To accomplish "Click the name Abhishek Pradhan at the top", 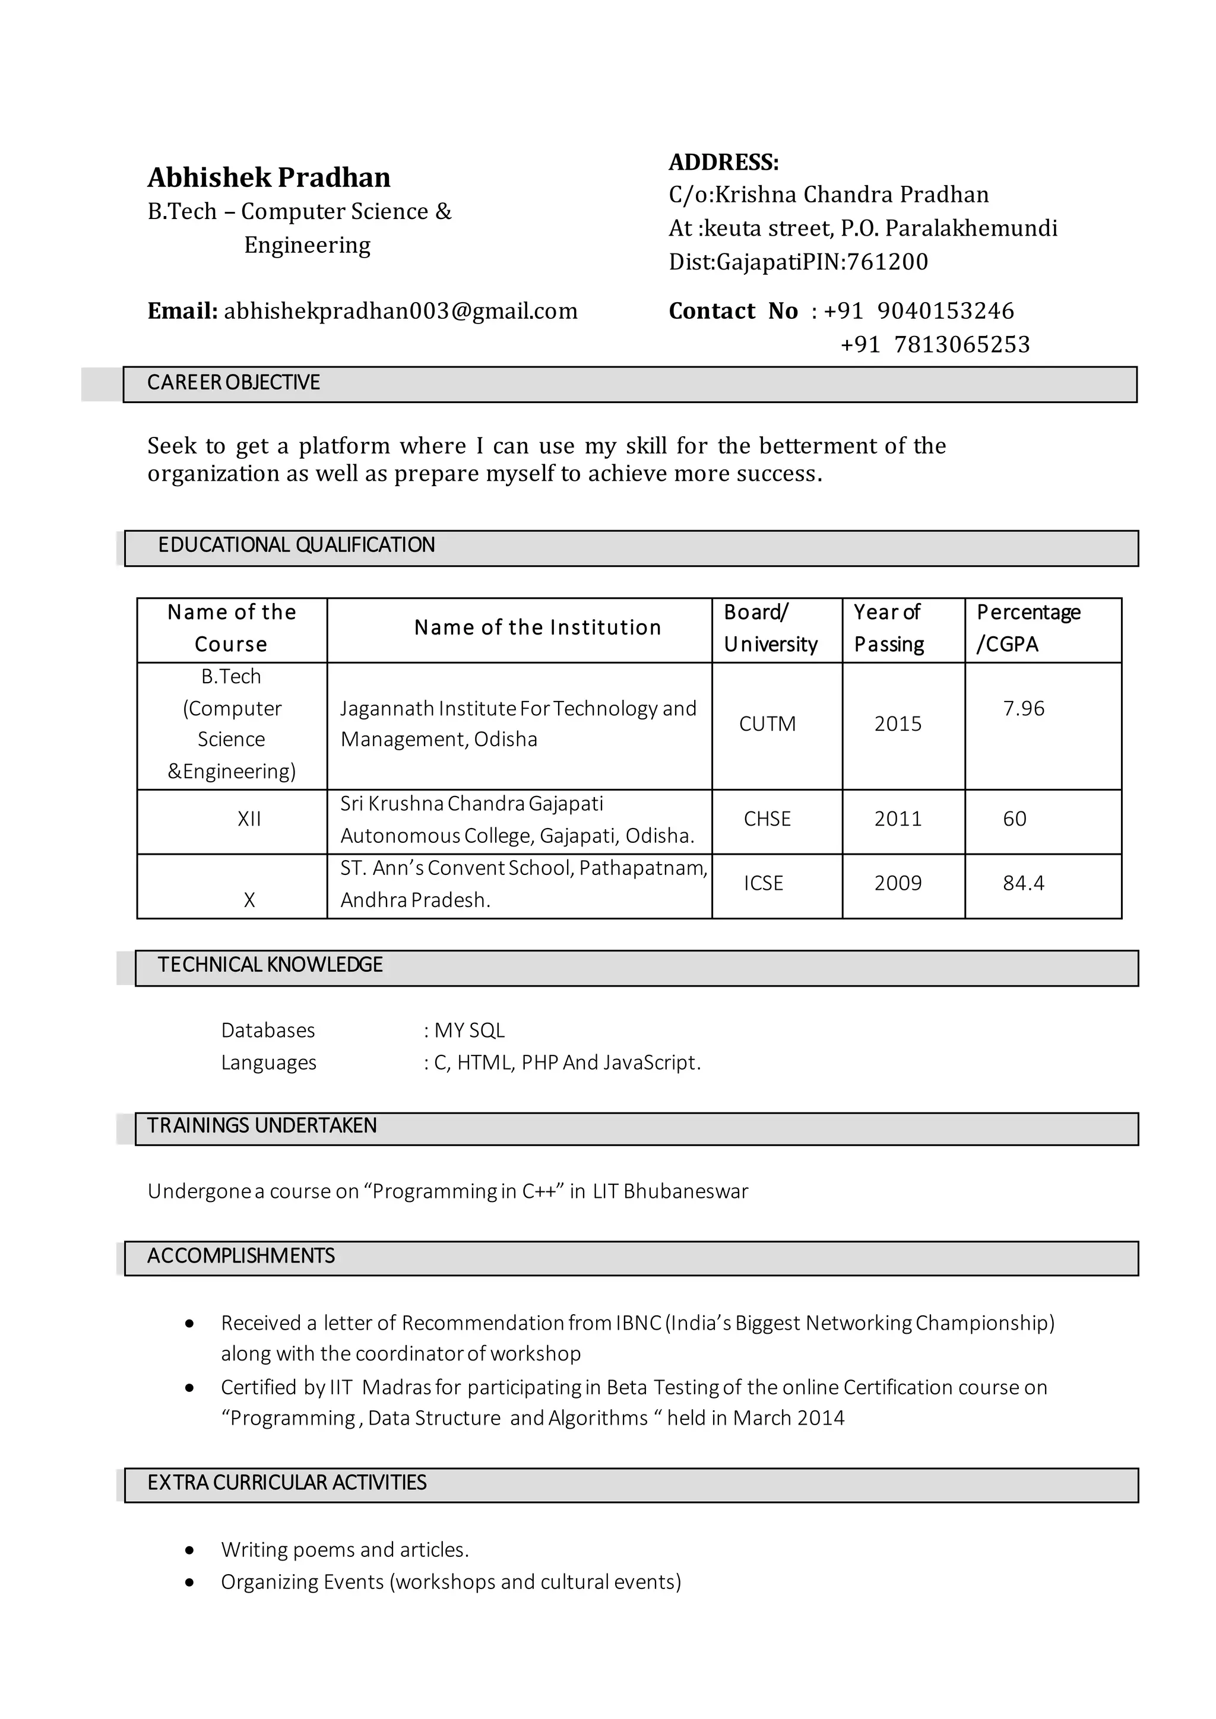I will (x=269, y=177).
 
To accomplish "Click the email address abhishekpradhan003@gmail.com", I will (x=401, y=310).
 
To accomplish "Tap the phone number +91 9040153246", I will (x=919, y=310).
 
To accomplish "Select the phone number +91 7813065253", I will (x=935, y=344).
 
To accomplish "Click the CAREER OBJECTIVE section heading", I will (x=233, y=383).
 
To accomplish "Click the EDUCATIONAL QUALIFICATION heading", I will (x=296, y=545).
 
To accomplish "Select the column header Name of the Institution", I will (x=537, y=627).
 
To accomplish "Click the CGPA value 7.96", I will (x=1024, y=708).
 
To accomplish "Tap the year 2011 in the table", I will (x=898, y=819).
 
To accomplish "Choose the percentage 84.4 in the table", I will (x=1024, y=883).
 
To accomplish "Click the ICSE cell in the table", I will (x=763, y=883).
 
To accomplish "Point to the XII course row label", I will (x=249, y=819).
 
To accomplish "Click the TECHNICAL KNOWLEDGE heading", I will (x=270, y=965).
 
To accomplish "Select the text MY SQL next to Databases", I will (x=470, y=1031).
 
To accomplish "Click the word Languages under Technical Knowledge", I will (x=269, y=1063).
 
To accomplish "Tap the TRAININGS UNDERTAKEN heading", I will (x=261, y=1126).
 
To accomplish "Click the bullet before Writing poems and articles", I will (x=190, y=1550).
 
